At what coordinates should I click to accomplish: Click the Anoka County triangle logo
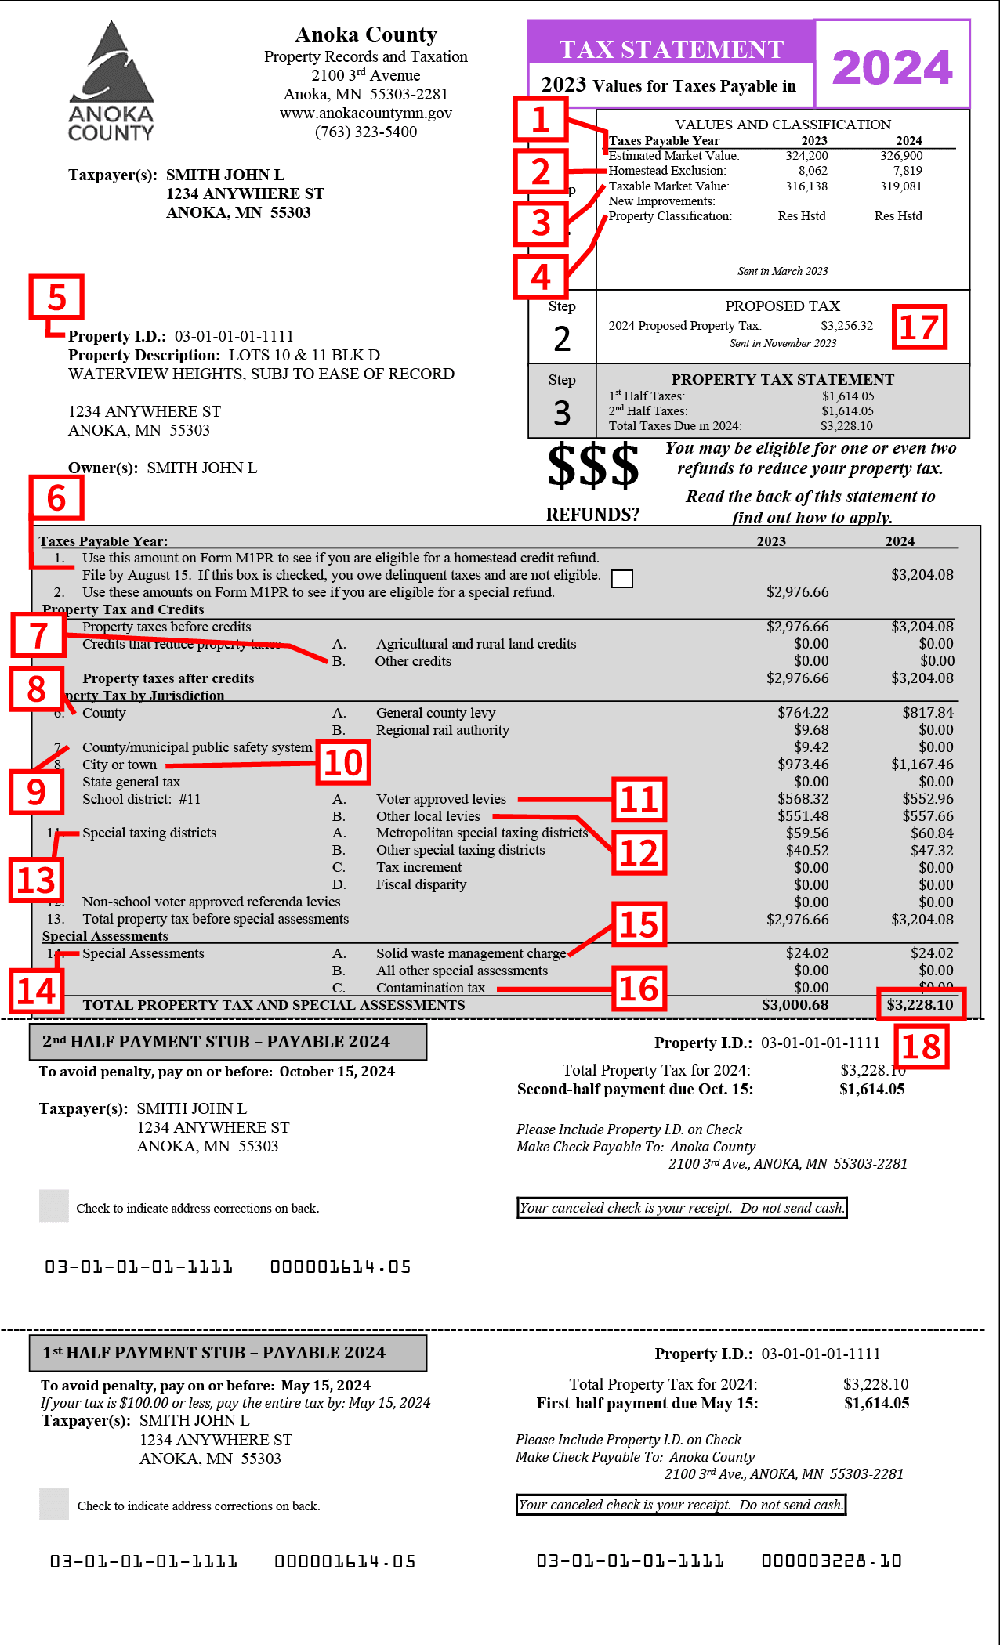click(x=111, y=81)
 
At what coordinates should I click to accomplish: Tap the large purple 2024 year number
click(x=892, y=67)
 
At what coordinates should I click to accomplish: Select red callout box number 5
click(x=56, y=298)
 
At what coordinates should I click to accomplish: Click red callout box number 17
click(x=919, y=327)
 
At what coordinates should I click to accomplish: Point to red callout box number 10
click(x=343, y=762)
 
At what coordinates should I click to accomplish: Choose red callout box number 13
click(x=36, y=880)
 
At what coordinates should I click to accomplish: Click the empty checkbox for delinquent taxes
click(x=621, y=578)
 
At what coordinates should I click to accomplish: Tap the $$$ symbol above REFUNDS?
click(x=592, y=465)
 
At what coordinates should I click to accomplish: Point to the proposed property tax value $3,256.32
click(x=846, y=326)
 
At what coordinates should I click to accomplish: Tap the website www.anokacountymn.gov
click(x=365, y=113)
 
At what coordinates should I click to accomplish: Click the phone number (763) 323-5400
click(x=365, y=132)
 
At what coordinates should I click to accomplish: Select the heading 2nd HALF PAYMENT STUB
click(x=216, y=1042)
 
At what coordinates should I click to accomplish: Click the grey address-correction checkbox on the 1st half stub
click(x=54, y=1504)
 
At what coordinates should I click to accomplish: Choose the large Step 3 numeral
click(x=562, y=413)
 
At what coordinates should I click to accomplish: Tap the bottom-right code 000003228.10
click(x=832, y=1561)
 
